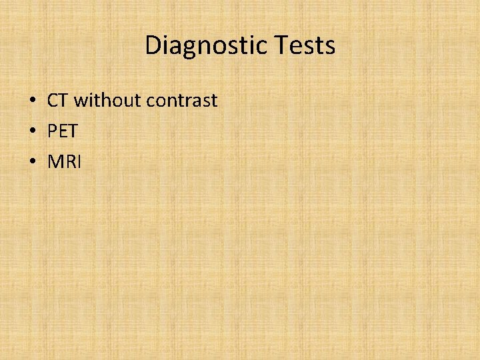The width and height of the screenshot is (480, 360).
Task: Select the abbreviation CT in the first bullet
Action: coord(58,101)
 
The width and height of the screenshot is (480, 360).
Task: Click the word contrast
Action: coord(182,101)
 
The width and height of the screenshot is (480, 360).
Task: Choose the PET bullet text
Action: coord(63,131)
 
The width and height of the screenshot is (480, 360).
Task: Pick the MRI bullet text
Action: coord(64,162)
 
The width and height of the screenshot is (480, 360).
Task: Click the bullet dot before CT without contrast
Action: coord(32,101)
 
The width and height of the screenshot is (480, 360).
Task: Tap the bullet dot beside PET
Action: coord(32,132)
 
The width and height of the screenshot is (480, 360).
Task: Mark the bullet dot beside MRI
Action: coord(32,163)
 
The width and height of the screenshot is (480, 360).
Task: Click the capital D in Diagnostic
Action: coord(153,46)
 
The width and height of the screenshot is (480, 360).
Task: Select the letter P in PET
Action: coord(52,131)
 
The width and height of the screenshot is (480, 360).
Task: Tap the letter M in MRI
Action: coord(55,162)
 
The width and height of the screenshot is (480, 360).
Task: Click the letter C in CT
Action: coord(53,101)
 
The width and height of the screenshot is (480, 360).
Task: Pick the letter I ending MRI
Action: coord(78,162)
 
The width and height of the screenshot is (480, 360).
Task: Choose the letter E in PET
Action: coord(62,131)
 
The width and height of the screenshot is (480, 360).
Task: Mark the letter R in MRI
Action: coord(69,162)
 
